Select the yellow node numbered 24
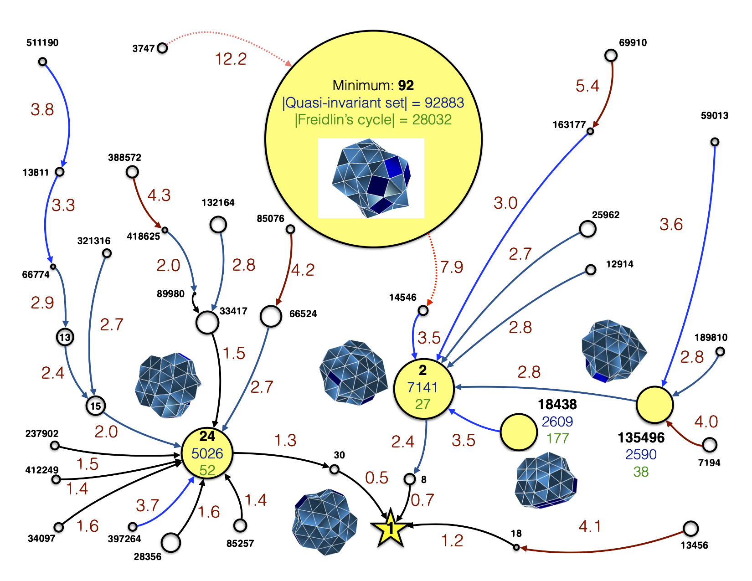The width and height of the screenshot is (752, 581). coord(207,453)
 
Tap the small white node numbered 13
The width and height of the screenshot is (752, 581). coord(65,338)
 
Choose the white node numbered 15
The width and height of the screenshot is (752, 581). coord(95,406)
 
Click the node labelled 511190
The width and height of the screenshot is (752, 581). coord(42,62)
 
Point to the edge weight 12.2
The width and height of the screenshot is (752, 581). coord(231,59)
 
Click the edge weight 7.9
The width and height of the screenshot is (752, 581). coord(451,267)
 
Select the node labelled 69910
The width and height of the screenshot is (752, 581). coord(611,56)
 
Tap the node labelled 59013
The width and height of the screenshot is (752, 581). coord(715,143)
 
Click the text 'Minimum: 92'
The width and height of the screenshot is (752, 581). coord(373,85)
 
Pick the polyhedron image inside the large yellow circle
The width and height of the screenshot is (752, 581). coord(371,178)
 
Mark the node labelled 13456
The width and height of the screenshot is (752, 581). coord(690,529)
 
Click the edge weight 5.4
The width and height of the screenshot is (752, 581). coord(587,86)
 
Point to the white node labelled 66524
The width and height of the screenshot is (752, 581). coord(271,317)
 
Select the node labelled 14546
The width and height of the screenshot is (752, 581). coord(423,311)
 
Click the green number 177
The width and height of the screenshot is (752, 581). coord(557,438)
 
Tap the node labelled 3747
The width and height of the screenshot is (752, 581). coord(162,48)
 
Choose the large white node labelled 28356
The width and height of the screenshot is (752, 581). coord(171,543)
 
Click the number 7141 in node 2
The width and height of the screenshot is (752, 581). coord(422,387)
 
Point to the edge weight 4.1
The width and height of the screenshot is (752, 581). coord(590,527)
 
